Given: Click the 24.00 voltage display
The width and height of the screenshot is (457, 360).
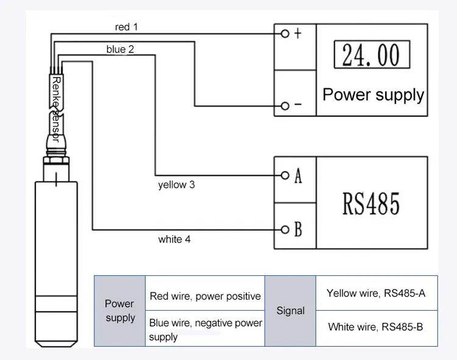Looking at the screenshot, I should click(370, 55).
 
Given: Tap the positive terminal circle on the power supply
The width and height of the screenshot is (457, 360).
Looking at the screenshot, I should click(284, 34).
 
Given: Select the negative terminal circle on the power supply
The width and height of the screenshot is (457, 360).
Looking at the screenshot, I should click(284, 106).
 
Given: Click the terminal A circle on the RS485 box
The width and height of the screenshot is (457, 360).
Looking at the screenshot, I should click(284, 175).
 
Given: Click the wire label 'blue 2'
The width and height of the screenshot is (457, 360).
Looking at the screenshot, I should click(120, 49).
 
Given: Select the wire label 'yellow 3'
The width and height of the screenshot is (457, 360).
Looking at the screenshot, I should click(176, 184).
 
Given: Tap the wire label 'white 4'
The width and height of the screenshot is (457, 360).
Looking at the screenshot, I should click(174, 239).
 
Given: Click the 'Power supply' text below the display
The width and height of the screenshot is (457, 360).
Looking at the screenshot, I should click(373, 94).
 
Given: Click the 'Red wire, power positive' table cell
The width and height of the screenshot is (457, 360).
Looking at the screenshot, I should click(205, 297).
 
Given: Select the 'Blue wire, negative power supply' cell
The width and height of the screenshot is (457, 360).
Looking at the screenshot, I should click(205, 329).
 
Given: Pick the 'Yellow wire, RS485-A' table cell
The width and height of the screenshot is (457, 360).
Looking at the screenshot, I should click(375, 293).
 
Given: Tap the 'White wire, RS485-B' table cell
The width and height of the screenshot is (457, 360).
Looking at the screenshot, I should click(375, 327).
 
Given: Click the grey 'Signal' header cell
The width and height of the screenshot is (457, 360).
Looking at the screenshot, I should click(291, 311).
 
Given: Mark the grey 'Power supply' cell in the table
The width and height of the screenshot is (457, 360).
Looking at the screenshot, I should click(120, 311).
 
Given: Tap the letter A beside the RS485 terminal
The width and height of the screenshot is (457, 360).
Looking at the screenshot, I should click(298, 176).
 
